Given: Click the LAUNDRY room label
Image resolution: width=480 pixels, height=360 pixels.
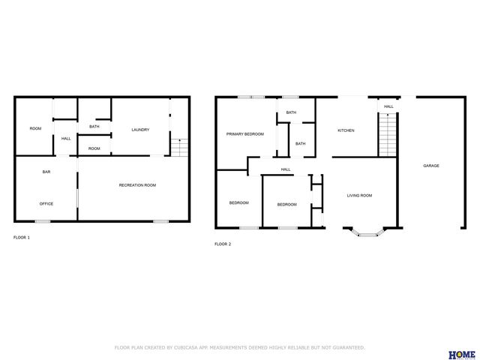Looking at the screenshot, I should (140, 130).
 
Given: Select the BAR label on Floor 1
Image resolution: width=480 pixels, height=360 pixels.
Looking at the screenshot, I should (46, 172).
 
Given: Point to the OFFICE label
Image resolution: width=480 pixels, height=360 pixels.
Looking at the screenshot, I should (46, 203).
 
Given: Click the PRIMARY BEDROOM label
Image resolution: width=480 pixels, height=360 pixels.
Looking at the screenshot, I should (245, 134).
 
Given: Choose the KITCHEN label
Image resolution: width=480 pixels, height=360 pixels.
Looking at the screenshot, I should (346, 130).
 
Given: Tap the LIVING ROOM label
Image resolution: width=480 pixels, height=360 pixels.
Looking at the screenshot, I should (359, 196).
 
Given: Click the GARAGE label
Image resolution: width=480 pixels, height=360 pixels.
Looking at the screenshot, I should (430, 166).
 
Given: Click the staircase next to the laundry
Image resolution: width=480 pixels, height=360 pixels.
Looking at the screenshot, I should (178, 147).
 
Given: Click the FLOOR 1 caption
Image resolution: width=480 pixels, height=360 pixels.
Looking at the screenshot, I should (22, 237).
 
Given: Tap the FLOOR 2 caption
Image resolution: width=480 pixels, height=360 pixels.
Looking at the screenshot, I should (223, 244).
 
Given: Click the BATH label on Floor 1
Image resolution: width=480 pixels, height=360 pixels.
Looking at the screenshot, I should (94, 126).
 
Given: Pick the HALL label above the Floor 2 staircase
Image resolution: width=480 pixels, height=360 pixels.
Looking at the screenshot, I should (388, 106).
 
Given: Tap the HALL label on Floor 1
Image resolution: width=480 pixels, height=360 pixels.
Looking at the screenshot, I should (66, 139).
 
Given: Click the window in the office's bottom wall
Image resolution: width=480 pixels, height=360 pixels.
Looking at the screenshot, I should (43, 221).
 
